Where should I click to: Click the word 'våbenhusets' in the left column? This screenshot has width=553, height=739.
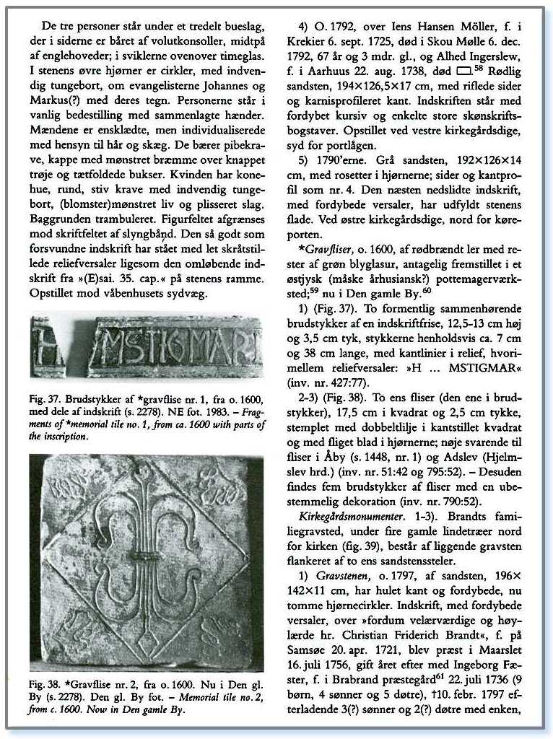(143, 293)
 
